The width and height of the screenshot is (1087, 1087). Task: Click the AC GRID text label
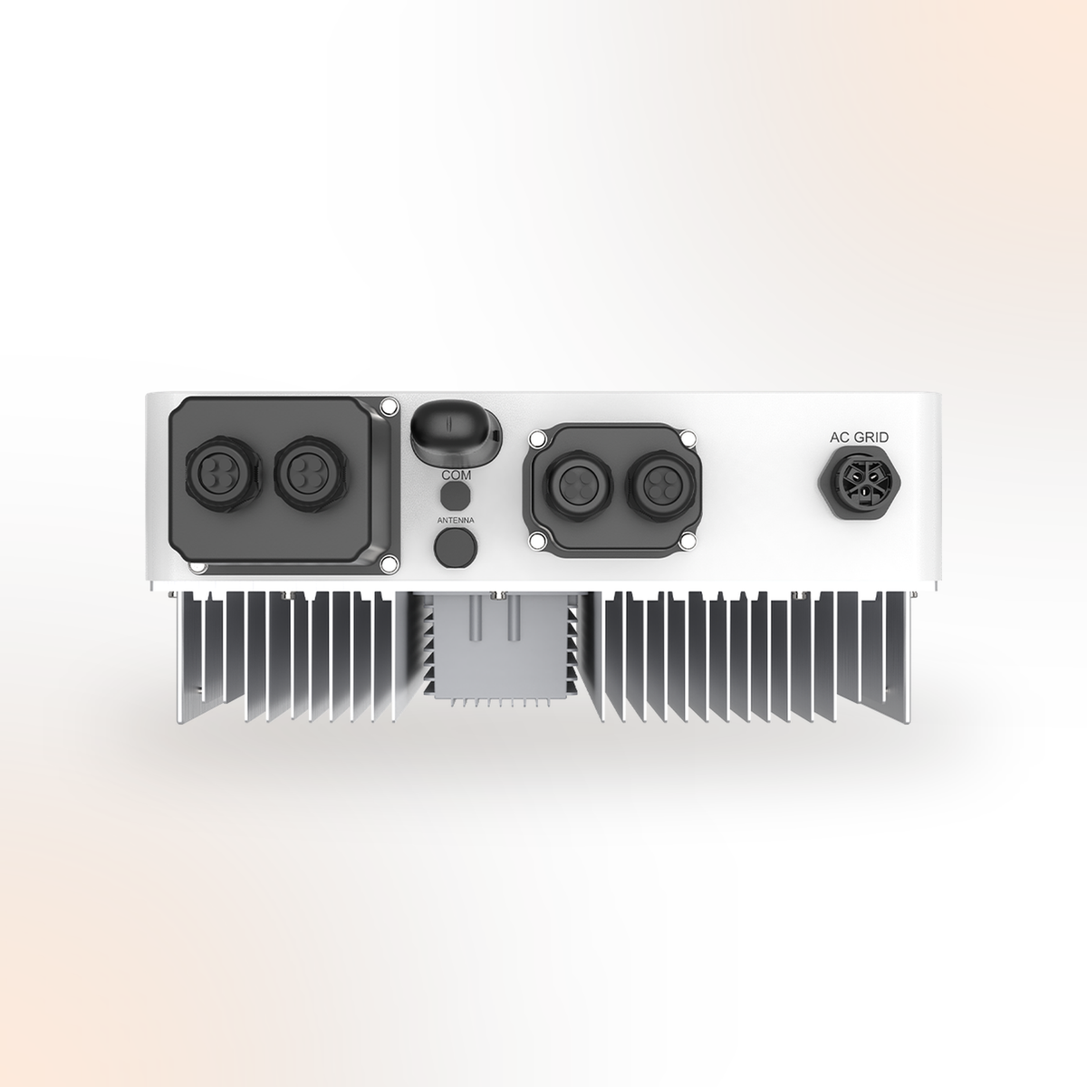[859, 438]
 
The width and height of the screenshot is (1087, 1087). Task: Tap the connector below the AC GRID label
[859, 481]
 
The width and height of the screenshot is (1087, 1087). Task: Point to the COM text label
[456, 475]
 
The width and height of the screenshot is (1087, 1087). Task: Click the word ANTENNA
[456, 520]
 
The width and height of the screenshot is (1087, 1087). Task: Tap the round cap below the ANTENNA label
[456, 546]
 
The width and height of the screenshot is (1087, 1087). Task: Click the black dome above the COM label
[455, 433]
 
